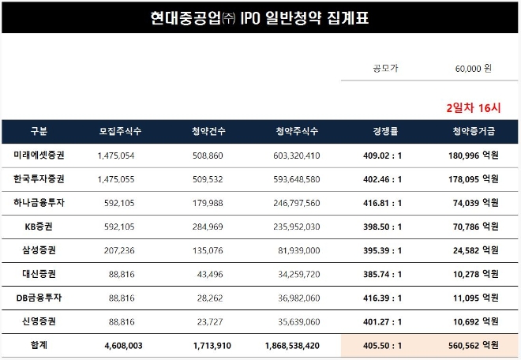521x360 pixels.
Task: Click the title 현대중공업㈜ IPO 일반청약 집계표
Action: (260, 17)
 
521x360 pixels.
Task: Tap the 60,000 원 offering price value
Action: (473, 69)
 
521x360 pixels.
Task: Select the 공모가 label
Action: (385, 69)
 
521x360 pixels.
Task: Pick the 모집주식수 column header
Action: (120, 131)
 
